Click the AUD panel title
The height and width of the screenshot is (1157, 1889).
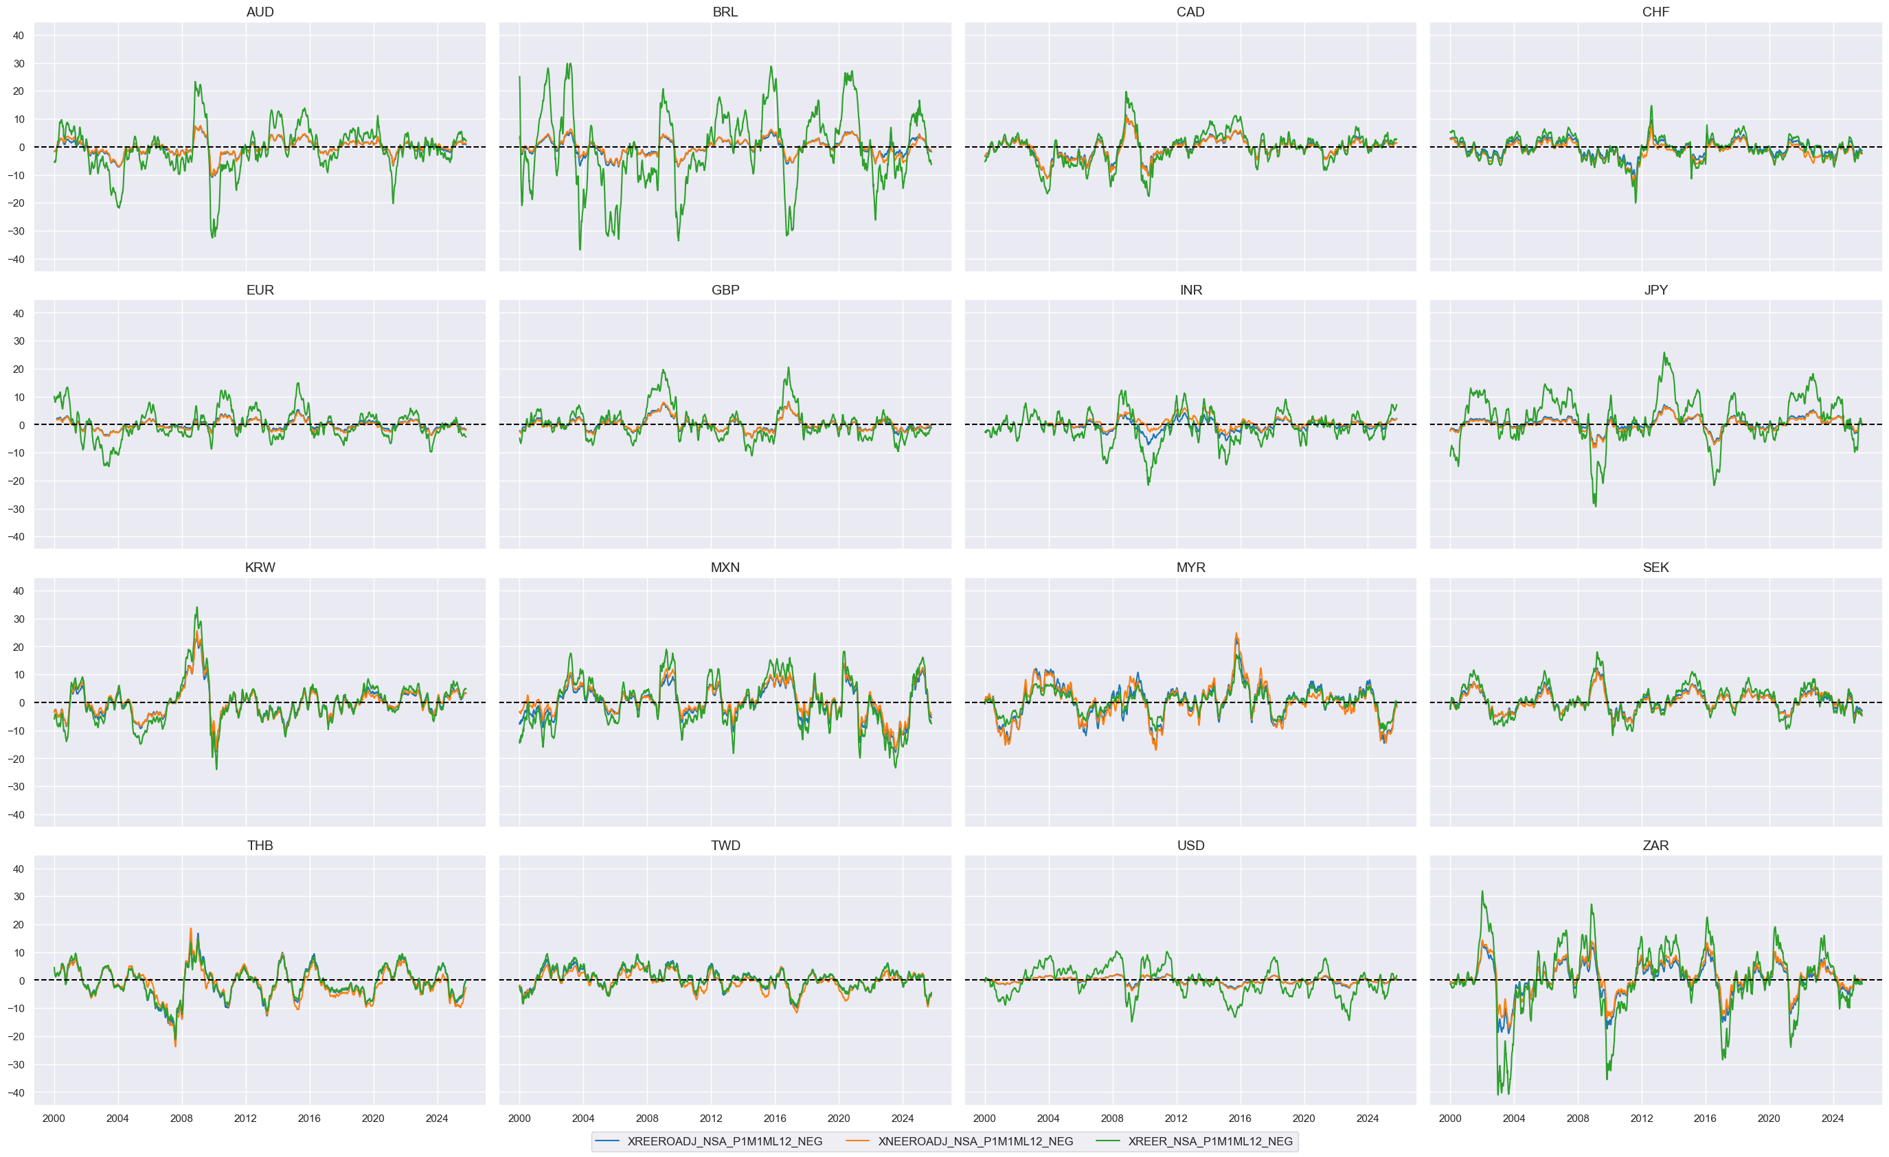tap(260, 12)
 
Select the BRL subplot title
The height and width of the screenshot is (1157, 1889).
tap(725, 12)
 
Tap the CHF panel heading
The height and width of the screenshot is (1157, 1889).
tap(1655, 12)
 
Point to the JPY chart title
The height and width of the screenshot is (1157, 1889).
tap(1655, 290)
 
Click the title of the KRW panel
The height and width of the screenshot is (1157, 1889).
tap(260, 568)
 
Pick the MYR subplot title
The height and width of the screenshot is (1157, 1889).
tap(1190, 568)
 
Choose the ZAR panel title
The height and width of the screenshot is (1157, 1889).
tap(1655, 846)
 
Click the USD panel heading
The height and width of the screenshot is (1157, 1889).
tap(1190, 846)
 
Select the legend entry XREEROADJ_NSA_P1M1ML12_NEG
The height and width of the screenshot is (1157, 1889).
tap(724, 1141)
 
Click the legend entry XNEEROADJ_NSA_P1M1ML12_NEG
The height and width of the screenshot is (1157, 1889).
tap(975, 1141)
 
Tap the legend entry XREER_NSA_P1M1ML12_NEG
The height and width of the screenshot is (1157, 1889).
tap(1210, 1141)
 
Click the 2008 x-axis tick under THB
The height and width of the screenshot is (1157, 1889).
tap(182, 1118)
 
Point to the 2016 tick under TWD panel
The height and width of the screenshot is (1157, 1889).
tap(774, 1118)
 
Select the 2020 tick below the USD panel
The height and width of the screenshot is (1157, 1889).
tap(1303, 1118)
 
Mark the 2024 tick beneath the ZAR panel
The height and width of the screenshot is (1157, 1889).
tap(1832, 1118)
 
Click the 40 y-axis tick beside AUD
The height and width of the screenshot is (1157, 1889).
tap(19, 35)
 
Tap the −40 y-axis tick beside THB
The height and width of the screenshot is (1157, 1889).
tap(16, 1092)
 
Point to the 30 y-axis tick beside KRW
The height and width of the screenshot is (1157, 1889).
tap(19, 619)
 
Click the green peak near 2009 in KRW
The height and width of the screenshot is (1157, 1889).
tap(196, 608)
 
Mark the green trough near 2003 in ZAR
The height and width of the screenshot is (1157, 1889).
tap(1498, 1093)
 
